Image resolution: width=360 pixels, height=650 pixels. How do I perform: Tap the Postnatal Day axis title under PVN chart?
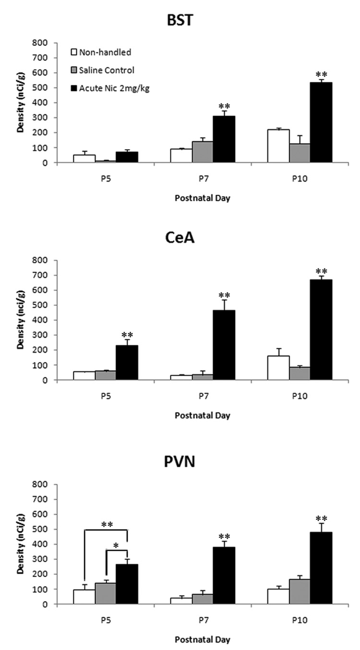202,639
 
